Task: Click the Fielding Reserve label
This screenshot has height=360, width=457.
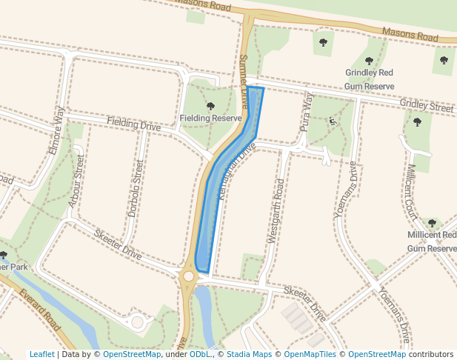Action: [211, 119]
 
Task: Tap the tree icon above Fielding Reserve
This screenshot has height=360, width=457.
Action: [211, 106]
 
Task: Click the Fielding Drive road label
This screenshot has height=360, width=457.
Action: [133, 124]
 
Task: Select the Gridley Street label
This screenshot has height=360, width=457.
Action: [426, 106]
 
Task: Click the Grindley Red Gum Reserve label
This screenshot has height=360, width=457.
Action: [370, 79]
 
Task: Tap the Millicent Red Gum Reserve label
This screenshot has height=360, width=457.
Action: [432, 241]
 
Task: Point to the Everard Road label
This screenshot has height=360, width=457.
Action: [41, 310]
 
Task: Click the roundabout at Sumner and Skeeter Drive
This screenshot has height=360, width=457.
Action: [188, 276]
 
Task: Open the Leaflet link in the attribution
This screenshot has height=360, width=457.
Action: [41, 355]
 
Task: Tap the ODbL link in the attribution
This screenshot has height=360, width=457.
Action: [200, 355]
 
